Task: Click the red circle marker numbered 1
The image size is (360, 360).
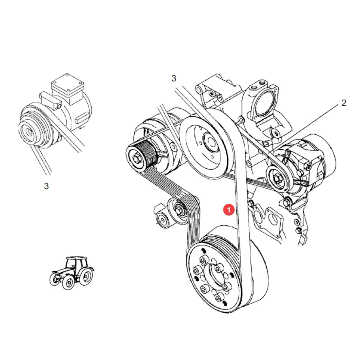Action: pyautogui.click(x=229, y=210)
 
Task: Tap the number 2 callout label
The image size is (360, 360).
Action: pyautogui.click(x=344, y=103)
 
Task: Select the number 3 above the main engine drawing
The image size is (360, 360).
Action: pyautogui.click(x=174, y=78)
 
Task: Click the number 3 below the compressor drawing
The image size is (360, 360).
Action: pyautogui.click(x=46, y=186)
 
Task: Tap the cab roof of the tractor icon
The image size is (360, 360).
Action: pyautogui.click(x=77, y=258)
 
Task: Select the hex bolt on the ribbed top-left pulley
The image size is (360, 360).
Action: pyautogui.click(x=136, y=158)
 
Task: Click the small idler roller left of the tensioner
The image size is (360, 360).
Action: pyautogui.click(x=162, y=220)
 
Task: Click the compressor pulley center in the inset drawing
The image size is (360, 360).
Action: pyautogui.click(x=29, y=132)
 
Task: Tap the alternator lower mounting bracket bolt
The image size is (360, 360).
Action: pyautogui.click(x=286, y=203)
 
